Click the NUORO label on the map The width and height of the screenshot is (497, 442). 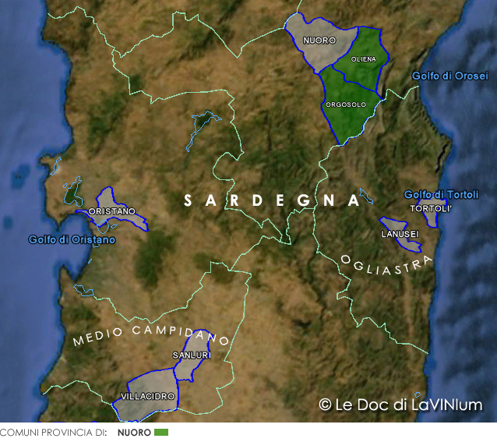tap(319, 40)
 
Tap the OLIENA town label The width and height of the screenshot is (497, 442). tap(364, 59)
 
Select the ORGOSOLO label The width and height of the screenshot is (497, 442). tap(346, 104)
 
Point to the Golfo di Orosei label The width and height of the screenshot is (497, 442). tap(449, 76)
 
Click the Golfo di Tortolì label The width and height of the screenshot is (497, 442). tap(441, 194)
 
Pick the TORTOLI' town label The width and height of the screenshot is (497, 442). tap(431, 209)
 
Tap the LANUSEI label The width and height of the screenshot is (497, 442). tap(400, 234)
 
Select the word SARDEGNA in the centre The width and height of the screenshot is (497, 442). tap(271, 200)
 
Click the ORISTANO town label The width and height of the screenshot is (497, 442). tap(112, 211)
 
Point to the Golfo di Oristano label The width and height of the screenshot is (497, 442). tap(72, 239)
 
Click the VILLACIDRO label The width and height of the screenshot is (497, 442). tap(148, 397)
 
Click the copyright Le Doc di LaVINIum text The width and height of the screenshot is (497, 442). tap(400, 405)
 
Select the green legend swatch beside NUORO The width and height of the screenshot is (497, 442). tap(161, 432)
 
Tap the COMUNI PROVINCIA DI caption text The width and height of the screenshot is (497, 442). tap(53, 432)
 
